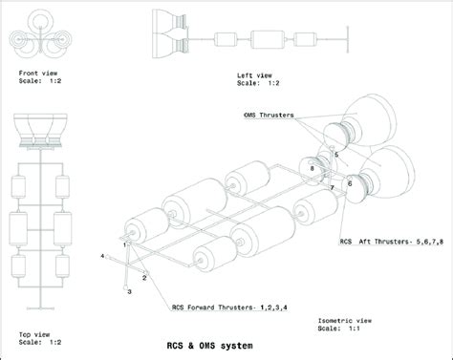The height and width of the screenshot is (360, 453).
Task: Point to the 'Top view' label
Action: pyautogui.click(x=35, y=333)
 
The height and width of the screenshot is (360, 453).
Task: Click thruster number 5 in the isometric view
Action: pyautogui.click(x=336, y=154)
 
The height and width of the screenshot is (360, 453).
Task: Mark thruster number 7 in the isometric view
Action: pyautogui.click(x=332, y=188)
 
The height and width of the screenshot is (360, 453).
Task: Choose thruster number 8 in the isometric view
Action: pyautogui.click(x=312, y=169)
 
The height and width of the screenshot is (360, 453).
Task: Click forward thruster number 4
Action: pyautogui.click(x=102, y=257)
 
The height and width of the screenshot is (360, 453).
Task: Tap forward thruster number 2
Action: pyautogui.click(x=144, y=276)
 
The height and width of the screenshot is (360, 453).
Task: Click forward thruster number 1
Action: pyautogui.click(x=125, y=244)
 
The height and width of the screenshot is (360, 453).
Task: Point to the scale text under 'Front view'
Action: pyautogui.click(x=41, y=82)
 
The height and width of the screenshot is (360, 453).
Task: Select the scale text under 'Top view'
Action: pyautogui.click(x=35, y=343)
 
